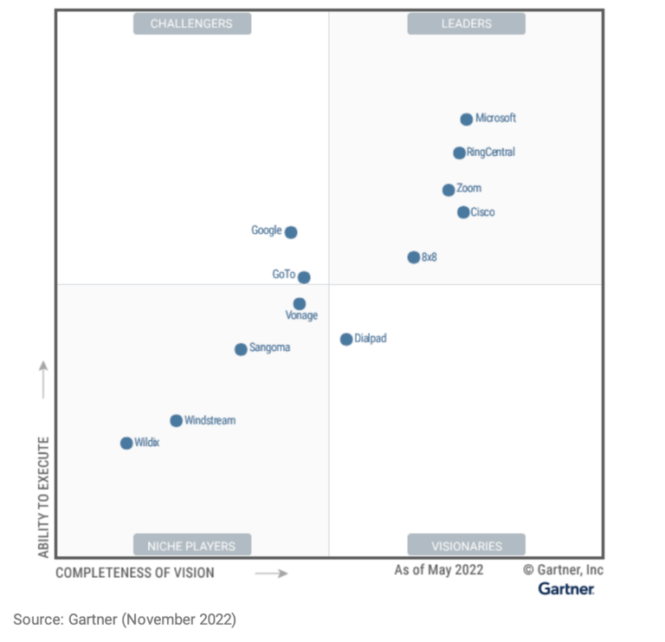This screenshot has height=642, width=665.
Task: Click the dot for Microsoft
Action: pos(467,120)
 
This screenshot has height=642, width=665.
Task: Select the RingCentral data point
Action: pos(459,153)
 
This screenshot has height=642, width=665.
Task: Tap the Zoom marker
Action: pos(449,190)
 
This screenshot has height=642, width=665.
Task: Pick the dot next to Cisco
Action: pos(463,212)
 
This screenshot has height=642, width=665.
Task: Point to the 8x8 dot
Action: pos(414,257)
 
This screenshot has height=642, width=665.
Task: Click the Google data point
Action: pos(291,232)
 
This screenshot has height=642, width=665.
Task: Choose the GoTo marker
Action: pos(304,277)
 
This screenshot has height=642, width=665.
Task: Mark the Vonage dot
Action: pos(299,304)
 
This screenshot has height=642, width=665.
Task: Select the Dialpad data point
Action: pos(346,340)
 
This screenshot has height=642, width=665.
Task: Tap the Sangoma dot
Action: pos(241,349)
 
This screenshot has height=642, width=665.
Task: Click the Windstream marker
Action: pos(176,421)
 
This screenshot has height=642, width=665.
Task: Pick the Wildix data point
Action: pos(126,444)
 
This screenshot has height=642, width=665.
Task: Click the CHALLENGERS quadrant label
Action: pos(191,23)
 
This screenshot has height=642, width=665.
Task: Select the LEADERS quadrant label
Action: pos(467,23)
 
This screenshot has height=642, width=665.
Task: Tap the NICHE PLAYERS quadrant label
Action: pos(191,546)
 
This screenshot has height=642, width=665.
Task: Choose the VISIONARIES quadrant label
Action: pos(467,546)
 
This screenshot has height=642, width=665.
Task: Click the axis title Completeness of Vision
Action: pos(135,573)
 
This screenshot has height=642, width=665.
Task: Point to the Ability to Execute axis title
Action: pos(43,496)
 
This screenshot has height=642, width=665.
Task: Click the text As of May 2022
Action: pos(439,570)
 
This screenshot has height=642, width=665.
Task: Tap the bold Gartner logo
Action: pos(566,589)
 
